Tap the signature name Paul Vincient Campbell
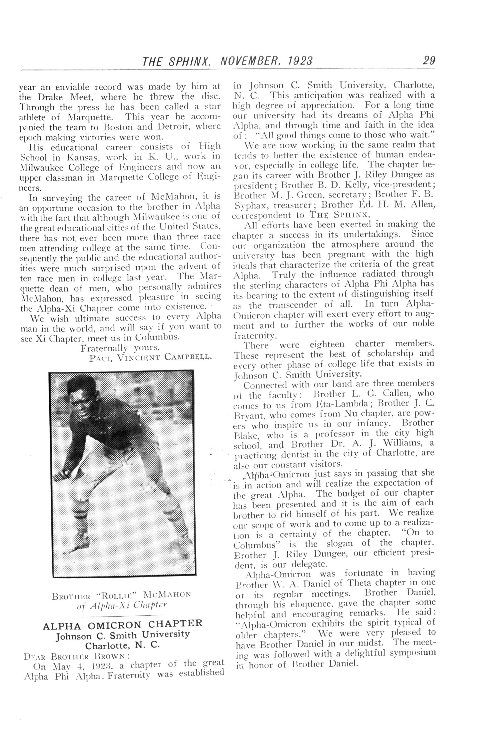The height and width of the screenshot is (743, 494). pos(151,358)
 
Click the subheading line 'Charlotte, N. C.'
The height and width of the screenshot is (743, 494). pos(123,645)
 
